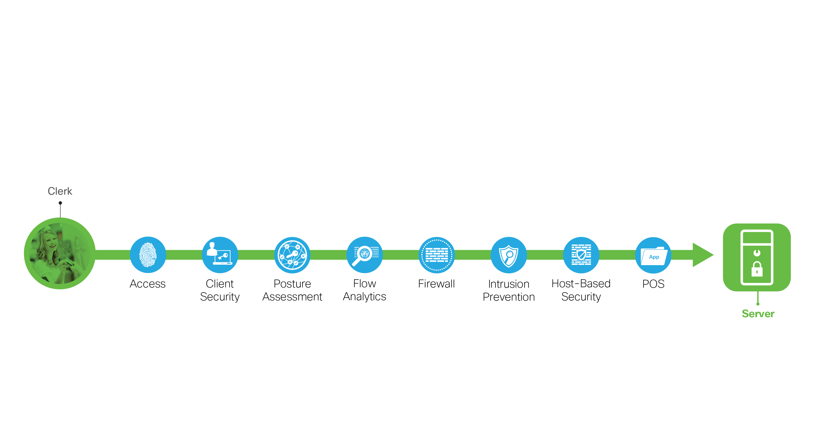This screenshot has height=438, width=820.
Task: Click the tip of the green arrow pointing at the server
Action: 713,255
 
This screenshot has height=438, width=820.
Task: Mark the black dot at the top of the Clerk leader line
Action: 60,203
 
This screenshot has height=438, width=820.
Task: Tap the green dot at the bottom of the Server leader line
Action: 758,304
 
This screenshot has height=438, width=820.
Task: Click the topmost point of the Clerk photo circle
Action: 60,218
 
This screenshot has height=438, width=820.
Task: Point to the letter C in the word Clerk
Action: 51,191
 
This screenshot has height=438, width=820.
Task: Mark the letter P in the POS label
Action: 645,284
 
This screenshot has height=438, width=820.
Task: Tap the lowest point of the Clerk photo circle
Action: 60,289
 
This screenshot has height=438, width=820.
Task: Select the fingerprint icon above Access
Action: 148,255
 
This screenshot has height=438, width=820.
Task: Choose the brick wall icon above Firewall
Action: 437,255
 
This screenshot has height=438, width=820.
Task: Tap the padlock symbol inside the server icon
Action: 757,269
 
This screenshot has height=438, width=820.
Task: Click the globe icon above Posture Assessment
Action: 292,255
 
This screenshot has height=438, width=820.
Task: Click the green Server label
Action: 758,314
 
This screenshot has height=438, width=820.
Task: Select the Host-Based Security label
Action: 581,290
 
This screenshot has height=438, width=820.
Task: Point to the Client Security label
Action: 220,290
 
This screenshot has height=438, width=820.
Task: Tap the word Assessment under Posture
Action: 292,297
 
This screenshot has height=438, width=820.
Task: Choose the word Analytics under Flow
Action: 364,297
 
